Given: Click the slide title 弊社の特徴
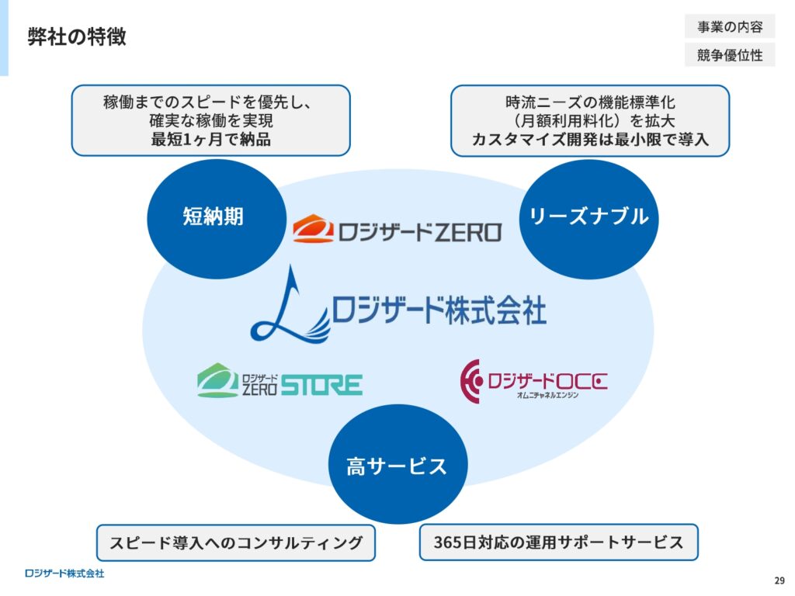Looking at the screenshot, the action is click(x=77, y=37).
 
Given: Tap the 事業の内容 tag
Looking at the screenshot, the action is click(x=730, y=27).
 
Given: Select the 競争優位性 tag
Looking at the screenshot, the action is click(x=730, y=55).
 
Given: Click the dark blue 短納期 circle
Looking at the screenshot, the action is click(x=217, y=219).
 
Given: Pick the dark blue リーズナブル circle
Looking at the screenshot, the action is click(x=588, y=219).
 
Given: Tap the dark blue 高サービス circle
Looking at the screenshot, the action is click(x=398, y=464).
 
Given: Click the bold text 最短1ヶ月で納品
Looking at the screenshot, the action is click(x=211, y=139).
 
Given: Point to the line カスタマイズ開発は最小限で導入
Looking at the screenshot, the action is click(x=590, y=139).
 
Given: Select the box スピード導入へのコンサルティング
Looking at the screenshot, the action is click(x=236, y=542).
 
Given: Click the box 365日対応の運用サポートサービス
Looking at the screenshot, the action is click(x=559, y=542).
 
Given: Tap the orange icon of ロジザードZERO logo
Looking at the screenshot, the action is click(x=313, y=229).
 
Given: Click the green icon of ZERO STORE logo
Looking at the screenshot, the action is click(x=217, y=380).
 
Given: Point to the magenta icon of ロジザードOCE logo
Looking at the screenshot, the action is click(x=471, y=381).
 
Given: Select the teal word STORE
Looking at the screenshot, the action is click(x=321, y=385).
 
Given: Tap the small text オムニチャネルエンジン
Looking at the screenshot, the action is click(x=547, y=395).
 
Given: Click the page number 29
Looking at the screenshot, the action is click(x=779, y=580).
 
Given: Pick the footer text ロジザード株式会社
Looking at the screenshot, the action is click(x=64, y=573).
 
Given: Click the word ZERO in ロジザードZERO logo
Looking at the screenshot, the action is click(x=467, y=233).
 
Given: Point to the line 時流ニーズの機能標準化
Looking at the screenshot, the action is click(x=590, y=102).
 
